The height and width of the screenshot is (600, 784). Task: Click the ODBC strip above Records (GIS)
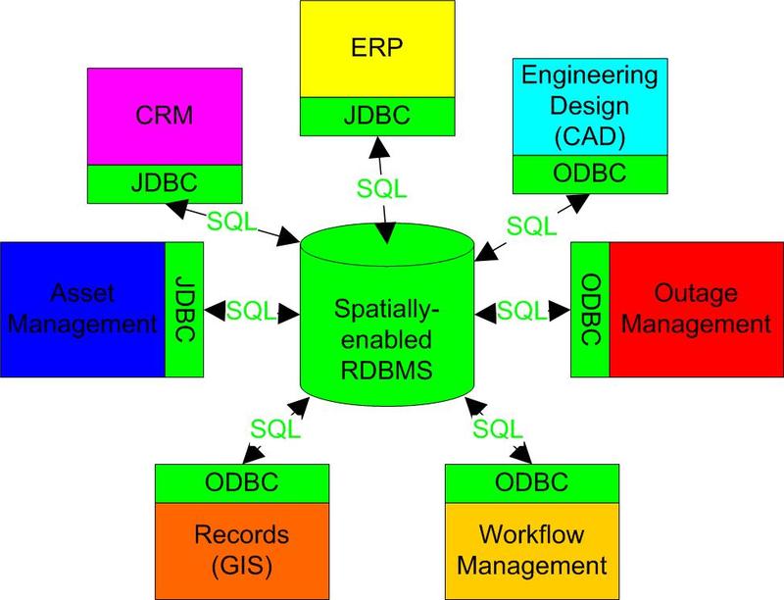(241, 481)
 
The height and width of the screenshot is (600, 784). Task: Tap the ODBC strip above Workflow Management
(531, 481)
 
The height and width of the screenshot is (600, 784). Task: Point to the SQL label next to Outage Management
(522, 310)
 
